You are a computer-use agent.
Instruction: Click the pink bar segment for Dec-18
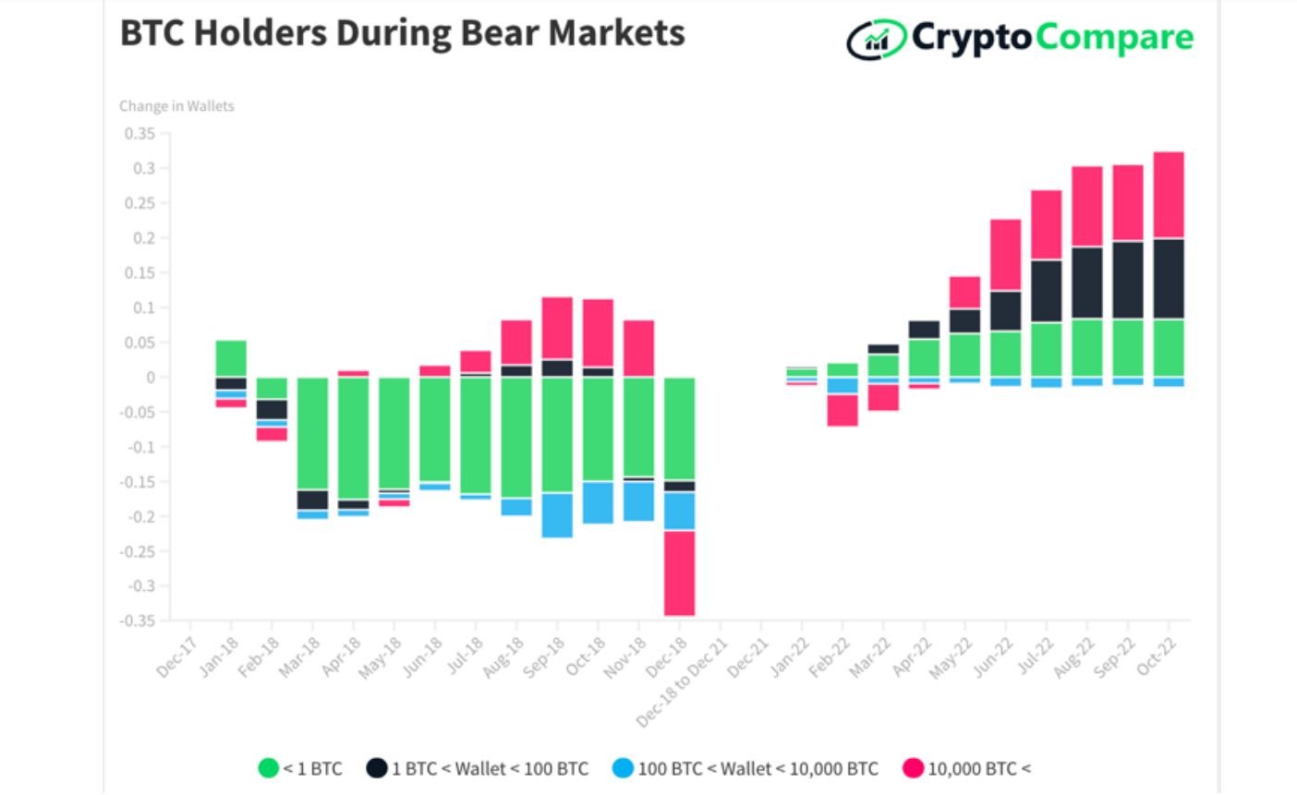[679, 572]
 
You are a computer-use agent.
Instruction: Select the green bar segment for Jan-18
[231, 358]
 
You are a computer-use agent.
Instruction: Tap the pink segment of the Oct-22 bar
[1169, 195]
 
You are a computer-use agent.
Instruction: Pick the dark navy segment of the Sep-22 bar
[1128, 280]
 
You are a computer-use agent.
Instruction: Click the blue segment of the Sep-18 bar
[557, 515]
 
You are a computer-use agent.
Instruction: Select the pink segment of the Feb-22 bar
[842, 410]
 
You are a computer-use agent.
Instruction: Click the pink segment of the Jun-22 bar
[1006, 255]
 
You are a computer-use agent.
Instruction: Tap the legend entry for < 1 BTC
[301, 768]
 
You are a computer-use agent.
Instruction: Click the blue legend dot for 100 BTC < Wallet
[624, 768]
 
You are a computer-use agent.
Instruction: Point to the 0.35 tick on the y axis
[140, 134]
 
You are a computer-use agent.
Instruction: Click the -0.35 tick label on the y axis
[138, 620]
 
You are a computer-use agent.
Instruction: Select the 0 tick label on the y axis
[151, 378]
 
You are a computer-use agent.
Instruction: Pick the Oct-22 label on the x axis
[1157, 657]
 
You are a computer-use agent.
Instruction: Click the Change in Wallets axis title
[176, 106]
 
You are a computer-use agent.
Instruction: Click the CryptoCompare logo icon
[876, 39]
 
